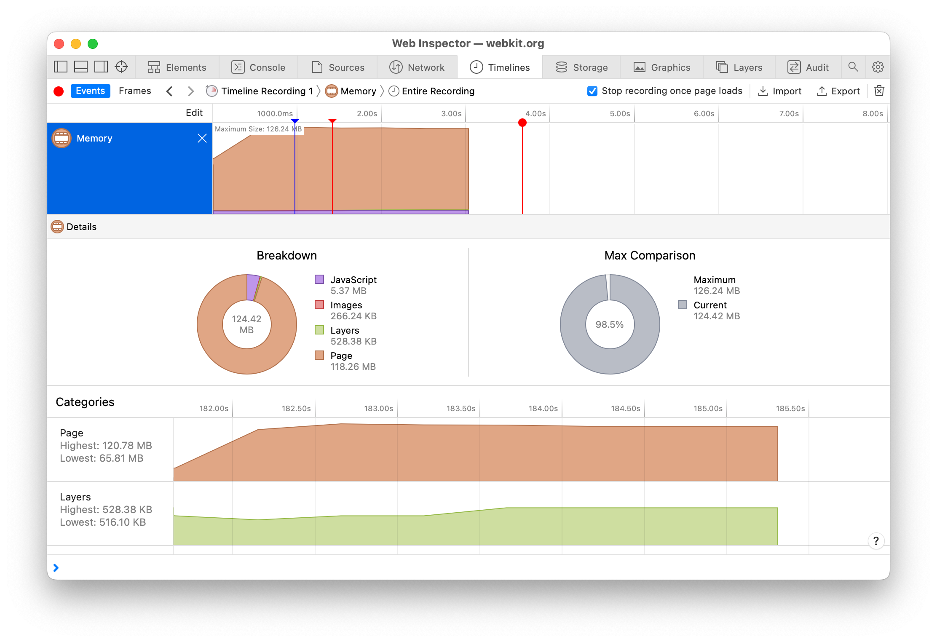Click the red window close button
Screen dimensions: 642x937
[59, 44]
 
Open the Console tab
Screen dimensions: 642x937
[258, 67]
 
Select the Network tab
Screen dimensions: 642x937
[417, 67]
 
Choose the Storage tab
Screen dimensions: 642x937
[581, 67]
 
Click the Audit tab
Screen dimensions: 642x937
[808, 67]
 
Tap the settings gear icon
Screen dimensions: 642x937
[878, 67]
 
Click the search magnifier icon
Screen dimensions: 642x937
[853, 67]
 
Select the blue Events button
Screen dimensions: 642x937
[90, 91]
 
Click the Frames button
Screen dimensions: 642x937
[135, 91]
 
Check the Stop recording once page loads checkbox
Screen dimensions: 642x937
[592, 91]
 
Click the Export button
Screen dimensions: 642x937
[838, 91]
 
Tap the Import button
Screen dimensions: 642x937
[779, 91]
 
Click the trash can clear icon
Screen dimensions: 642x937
[879, 91]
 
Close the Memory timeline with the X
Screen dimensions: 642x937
[202, 138]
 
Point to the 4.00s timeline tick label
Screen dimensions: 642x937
[535, 114]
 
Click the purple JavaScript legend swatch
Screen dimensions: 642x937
[319, 279]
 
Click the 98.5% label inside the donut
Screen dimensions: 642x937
[610, 324]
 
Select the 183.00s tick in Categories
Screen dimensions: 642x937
[379, 409]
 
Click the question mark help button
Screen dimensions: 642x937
[876, 541]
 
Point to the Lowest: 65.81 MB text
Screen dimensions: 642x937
[102, 458]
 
